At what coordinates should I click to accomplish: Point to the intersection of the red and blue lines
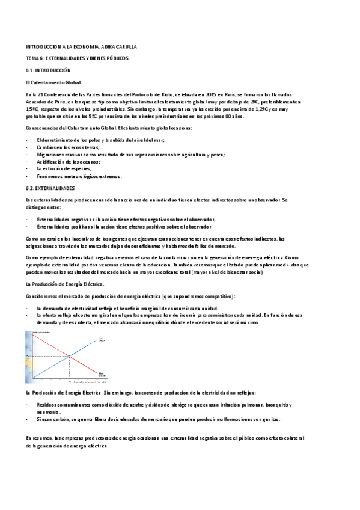coord(70,356)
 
